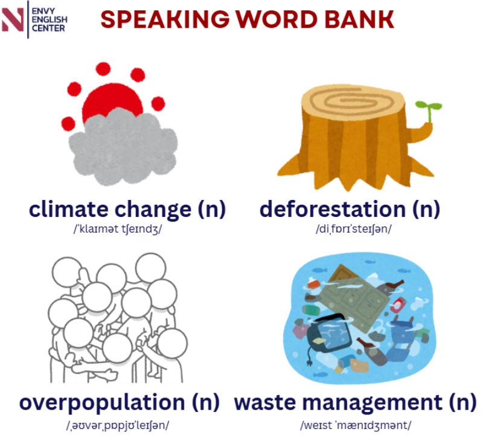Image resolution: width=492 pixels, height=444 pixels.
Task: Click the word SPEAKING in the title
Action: click(x=165, y=19)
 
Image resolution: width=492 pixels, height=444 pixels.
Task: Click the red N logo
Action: click(x=13, y=19)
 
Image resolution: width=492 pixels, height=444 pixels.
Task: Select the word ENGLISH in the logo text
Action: click(x=50, y=19)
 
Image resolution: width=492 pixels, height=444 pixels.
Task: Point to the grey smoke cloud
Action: click(x=123, y=147)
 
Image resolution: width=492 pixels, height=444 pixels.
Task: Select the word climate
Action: click(x=68, y=209)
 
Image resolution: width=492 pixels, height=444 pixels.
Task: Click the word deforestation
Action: click(x=333, y=209)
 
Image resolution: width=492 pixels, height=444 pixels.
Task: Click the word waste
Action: click(x=265, y=402)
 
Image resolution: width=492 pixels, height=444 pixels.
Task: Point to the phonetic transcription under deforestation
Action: click(x=354, y=229)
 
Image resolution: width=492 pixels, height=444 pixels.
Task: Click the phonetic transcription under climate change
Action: click(x=118, y=229)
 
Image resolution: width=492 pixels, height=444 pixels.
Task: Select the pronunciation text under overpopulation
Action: click(x=118, y=425)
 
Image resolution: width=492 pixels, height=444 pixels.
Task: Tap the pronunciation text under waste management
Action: click(x=356, y=425)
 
